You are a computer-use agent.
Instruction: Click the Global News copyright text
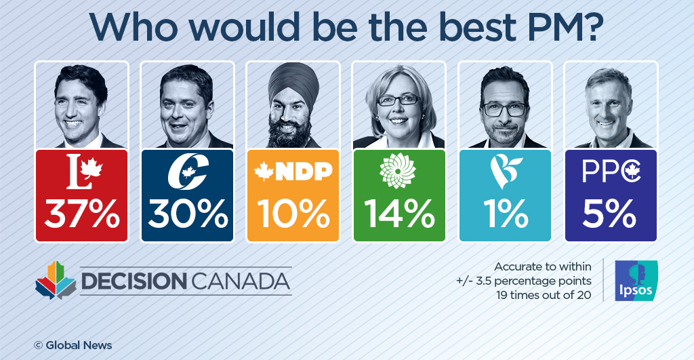(x=73, y=345)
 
